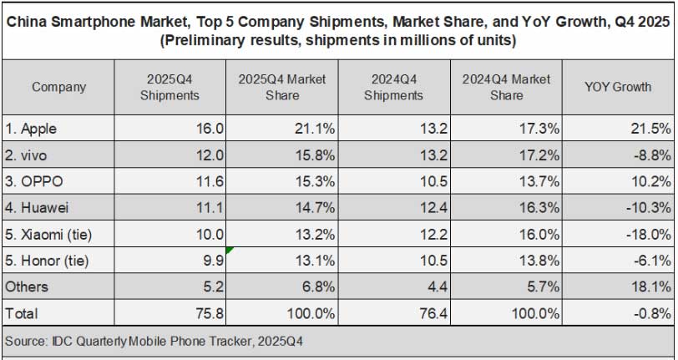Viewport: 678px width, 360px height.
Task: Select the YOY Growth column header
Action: pos(619,87)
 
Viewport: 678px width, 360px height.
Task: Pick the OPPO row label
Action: pos(36,182)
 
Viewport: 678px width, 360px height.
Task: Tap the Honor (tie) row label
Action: pos(48,261)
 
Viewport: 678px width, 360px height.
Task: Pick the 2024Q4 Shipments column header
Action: pos(394,87)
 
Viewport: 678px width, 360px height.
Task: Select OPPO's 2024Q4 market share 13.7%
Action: pos(539,182)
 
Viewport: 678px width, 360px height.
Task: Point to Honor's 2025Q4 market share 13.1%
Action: pos(315,261)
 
